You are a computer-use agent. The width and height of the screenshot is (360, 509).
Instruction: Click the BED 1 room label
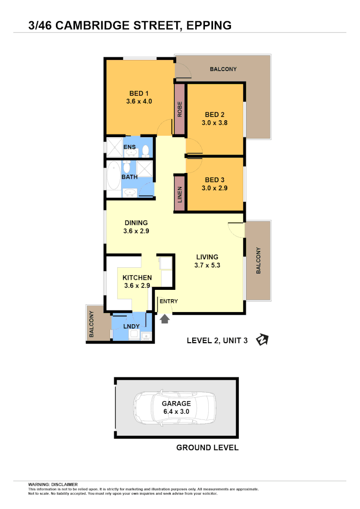point(139,93)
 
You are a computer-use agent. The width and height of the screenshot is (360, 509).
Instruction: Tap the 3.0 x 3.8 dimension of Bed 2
point(214,123)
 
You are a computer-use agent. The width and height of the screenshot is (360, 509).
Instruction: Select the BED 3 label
point(214,180)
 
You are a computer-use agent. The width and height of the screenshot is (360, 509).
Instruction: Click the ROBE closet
point(180,109)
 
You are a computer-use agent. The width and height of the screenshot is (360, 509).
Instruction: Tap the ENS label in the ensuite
point(130,147)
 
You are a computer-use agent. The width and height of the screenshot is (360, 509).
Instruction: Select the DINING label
point(136,223)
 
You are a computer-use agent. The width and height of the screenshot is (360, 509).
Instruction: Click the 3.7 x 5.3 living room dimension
point(207,265)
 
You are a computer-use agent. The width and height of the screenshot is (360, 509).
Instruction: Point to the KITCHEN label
point(137,278)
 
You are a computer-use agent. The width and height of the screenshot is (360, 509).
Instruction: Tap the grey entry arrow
point(164,319)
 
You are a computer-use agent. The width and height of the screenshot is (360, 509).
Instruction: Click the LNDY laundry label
point(131,326)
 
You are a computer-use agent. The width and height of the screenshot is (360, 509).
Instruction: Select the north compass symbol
point(262,339)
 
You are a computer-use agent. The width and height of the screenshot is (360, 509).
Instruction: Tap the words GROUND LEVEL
point(207,447)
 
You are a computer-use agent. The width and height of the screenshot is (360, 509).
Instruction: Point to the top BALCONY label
point(223,69)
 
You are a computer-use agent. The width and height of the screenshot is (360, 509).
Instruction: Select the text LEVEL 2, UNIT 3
point(217,341)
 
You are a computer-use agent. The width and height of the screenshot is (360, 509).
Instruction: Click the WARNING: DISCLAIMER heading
point(53,484)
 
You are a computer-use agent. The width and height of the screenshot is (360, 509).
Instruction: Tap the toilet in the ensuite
point(146,150)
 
